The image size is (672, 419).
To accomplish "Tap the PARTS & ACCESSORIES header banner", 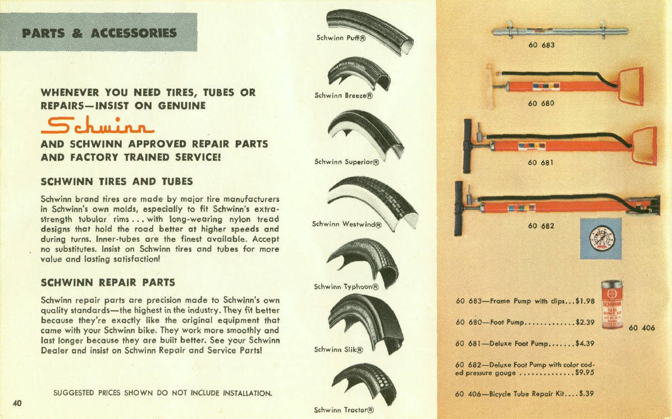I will click(x=99, y=33).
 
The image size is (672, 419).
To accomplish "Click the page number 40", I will click(x=17, y=403).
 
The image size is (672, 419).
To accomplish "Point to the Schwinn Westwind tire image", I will click(x=373, y=202).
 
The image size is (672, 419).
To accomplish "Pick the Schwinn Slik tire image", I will click(x=365, y=320).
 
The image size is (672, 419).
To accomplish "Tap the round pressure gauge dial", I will click(x=600, y=239).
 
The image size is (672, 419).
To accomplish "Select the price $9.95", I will click(x=584, y=372).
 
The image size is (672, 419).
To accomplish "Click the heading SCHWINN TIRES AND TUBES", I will click(x=117, y=181).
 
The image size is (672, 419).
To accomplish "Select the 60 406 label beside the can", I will click(x=642, y=328).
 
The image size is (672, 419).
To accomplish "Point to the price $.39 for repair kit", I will click(x=586, y=394).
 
